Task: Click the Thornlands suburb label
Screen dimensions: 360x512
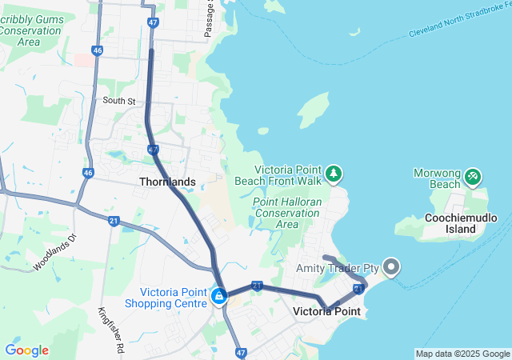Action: [167, 182]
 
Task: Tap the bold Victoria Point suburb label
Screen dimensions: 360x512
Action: [326, 311]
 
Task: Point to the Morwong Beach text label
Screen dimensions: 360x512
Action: [434, 178]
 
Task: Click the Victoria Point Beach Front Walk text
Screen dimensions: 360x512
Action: [289, 175]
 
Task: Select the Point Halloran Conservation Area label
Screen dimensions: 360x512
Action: [287, 213]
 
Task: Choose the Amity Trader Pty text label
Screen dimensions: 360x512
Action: [337, 267]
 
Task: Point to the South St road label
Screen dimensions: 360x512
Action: [119, 101]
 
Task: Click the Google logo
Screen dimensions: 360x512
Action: [26, 350]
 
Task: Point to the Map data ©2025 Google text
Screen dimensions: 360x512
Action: [462, 354]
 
